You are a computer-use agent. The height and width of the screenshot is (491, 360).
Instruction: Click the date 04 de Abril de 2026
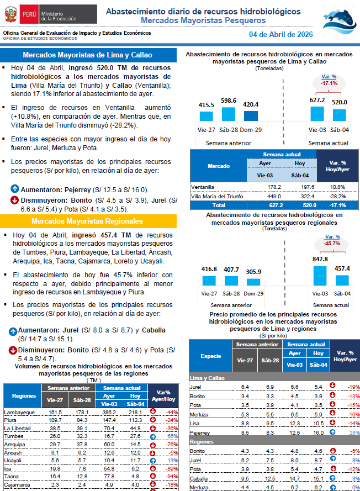(281, 34)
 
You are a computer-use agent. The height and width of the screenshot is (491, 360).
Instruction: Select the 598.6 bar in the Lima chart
(228, 113)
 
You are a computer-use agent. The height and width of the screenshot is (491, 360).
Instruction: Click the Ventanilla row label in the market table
(204, 187)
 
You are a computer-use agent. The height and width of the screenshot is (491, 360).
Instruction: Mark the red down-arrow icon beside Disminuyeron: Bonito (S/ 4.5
(14, 200)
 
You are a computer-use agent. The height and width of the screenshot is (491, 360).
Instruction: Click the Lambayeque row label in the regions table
(19, 413)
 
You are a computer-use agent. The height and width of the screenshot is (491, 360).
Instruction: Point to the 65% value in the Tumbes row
(172, 436)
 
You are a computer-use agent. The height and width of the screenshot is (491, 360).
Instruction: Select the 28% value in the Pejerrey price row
(354, 432)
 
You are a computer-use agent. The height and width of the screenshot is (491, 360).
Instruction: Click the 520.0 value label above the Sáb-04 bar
(340, 102)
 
